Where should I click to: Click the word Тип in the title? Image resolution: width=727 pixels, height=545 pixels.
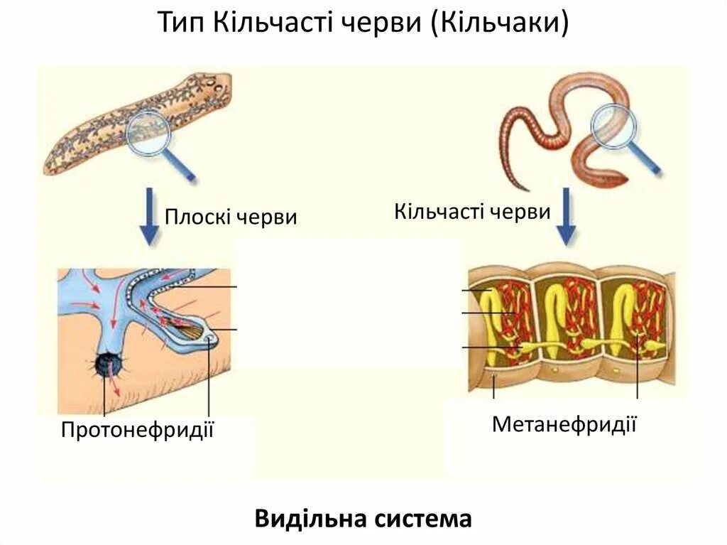click(x=177, y=23)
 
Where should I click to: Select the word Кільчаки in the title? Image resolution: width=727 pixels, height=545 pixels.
click(x=504, y=23)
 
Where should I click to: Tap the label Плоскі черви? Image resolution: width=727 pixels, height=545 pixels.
click(x=231, y=216)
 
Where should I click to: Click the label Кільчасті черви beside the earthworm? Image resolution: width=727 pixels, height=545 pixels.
click(x=472, y=211)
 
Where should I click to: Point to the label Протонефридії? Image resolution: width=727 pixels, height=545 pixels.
click(x=138, y=430)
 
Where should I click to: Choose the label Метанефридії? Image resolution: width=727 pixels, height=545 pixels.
click(x=564, y=424)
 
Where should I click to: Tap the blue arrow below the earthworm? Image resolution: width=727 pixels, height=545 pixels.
click(x=566, y=216)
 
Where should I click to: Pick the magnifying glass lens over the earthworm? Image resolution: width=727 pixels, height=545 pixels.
click(x=615, y=126)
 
